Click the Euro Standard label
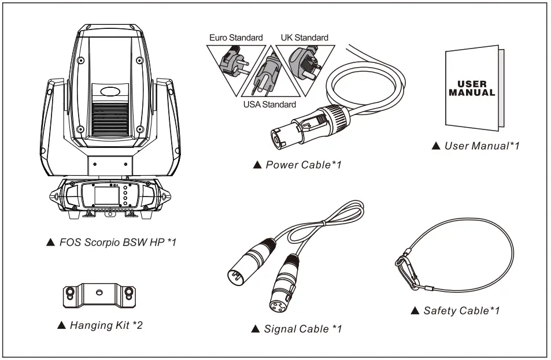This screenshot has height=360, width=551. (x=235, y=38)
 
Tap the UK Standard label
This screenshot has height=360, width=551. (x=304, y=38)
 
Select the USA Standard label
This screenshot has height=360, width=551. (x=269, y=105)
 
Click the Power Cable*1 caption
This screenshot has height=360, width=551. (x=298, y=165)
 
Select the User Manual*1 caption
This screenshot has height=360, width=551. (x=476, y=146)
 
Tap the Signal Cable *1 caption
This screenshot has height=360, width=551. (x=297, y=329)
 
